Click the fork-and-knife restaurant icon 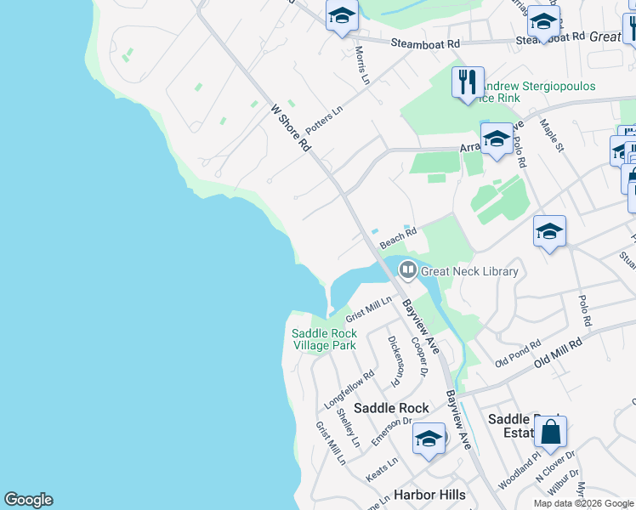(468, 83)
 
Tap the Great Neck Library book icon (408, 271)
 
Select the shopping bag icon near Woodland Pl (551, 433)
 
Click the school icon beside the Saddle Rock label (429, 439)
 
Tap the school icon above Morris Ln (342, 16)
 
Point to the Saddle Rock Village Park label (324, 339)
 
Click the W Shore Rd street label (291, 127)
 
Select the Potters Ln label (324, 120)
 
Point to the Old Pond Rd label (518, 354)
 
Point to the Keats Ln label (382, 468)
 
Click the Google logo (28, 500)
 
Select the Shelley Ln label (348, 428)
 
